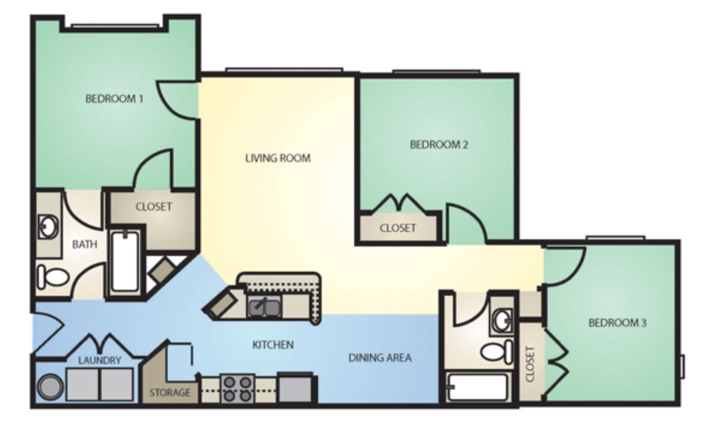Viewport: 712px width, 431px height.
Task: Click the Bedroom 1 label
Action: tap(114, 99)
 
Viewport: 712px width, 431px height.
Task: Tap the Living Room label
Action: tap(278, 159)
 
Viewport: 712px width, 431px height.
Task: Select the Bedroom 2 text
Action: tap(439, 145)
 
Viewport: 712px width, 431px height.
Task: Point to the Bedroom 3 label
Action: tap(617, 323)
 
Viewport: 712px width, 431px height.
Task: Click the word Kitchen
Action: tap(273, 345)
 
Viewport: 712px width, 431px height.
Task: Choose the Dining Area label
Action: tap(380, 358)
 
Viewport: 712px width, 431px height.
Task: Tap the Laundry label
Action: tap(100, 361)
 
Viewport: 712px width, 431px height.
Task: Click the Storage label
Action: tap(170, 393)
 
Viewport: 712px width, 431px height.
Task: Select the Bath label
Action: tap(84, 245)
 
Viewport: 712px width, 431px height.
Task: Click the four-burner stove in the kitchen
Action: tap(236, 388)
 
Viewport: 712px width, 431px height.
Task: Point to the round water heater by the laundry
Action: tap(50, 387)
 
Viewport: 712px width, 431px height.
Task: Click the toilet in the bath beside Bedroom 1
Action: tap(54, 277)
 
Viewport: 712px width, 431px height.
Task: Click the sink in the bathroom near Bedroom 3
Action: tap(500, 319)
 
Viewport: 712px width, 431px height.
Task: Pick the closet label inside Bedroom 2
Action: tap(398, 228)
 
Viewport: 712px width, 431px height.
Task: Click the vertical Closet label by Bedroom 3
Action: tap(530, 365)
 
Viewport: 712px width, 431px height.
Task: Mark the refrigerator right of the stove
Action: tap(296, 388)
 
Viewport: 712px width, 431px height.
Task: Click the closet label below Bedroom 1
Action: tap(153, 207)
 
